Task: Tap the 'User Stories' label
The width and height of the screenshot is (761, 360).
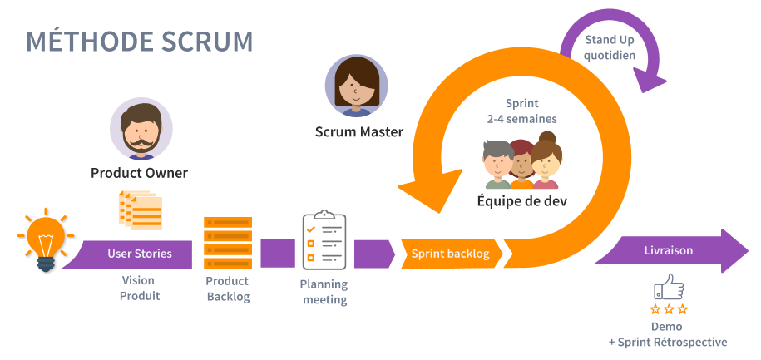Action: tap(140, 254)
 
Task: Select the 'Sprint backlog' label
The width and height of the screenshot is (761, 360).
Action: tap(449, 254)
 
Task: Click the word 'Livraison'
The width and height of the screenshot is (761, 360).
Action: tap(668, 250)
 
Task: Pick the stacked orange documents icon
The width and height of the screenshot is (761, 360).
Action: tap(141, 209)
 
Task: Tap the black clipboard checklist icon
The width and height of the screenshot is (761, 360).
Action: tap(323, 240)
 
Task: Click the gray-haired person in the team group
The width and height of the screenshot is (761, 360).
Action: tap(498, 163)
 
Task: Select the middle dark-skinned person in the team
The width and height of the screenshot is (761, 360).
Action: tap(521, 160)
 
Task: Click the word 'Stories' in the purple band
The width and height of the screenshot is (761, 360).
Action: tap(153, 254)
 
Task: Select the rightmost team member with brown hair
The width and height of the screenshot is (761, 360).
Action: tap(546, 161)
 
